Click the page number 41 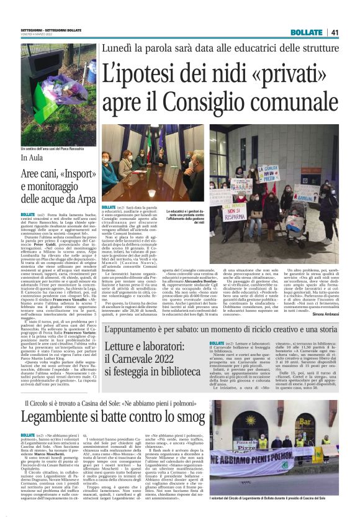[335, 32]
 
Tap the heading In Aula [28, 160]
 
